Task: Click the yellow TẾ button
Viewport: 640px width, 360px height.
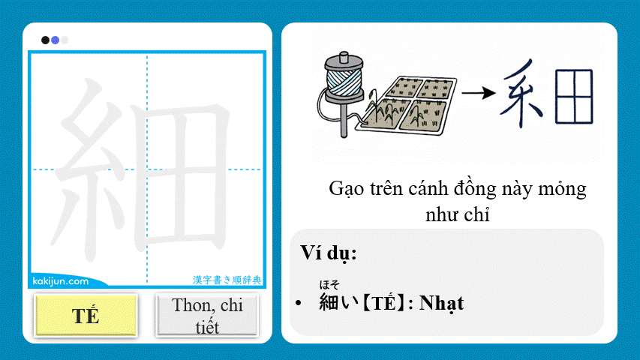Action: [86, 315]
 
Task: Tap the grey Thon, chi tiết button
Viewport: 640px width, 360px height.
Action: [206, 315]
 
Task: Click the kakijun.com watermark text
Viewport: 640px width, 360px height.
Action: [61, 281]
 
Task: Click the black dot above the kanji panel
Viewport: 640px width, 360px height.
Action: [46, 40]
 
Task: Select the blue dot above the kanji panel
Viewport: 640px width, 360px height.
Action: [55, 40]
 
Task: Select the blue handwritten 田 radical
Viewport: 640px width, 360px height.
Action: [574, 96]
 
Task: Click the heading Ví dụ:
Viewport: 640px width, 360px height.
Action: [328, 253]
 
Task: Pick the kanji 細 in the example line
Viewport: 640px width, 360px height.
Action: [329, 302]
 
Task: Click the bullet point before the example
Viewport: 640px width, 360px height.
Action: [299, 304]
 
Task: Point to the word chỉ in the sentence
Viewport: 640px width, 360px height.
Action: [477, 215]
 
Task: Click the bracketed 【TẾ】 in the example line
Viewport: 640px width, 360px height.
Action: [382, 303]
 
